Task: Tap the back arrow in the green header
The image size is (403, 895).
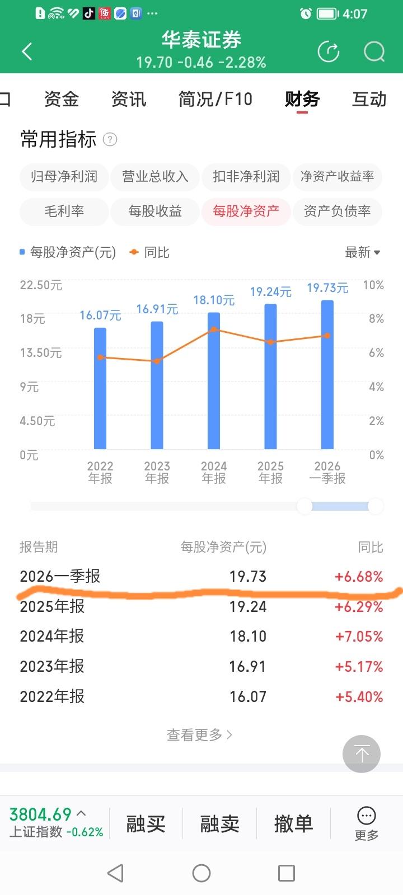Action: [x=27, y=51]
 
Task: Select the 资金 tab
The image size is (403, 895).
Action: [x=61, y=99]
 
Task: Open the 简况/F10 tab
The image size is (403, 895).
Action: [x=215, y=99]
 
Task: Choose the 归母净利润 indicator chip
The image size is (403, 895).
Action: [x=64, y=176]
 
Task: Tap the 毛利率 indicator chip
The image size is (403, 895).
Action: [x=64, y=210]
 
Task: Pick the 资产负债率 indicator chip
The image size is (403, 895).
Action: [x=338, y=210]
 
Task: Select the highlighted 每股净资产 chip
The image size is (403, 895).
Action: [x=246, y=210]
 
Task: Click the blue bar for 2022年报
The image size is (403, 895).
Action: [x=100, y=388]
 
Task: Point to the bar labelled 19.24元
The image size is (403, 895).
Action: [x=271, y=376]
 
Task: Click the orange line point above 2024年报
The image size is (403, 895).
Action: [x=214, y=329]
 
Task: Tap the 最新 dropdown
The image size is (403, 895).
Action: [x=362, y=252]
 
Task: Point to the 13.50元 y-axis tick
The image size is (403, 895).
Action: [x=41, y=353]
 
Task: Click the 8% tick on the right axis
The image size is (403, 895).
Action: [x=376, y=318]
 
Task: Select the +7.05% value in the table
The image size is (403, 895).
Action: [x=359, y=636]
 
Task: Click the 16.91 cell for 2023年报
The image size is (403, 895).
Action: [x=248, y=666]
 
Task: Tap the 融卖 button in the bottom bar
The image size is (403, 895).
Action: [x=219, y=824]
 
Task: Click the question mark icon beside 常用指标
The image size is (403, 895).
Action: [x=110, y=139]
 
